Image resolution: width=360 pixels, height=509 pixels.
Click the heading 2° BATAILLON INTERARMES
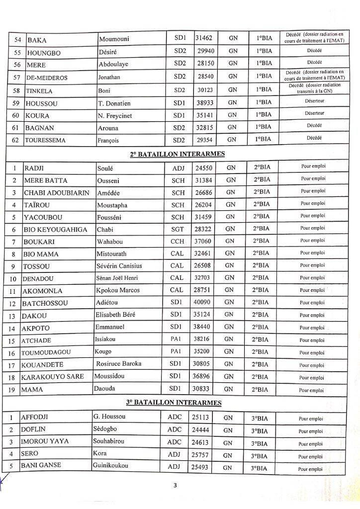click(x=177, y=154)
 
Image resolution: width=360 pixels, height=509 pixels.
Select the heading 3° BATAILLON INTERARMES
click(x=177, y=402)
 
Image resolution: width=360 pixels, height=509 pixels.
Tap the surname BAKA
click(x=37, y=40)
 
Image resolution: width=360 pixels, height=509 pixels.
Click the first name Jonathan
click(x=109, y=77)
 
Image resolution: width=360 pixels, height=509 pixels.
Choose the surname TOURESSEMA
click(x=45, y=140)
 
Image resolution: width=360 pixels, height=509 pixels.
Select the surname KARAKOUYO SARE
click(x=56, y=377)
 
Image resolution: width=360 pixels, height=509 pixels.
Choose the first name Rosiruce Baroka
click(x=119, y=364)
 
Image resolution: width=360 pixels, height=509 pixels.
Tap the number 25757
click(x=202, y=455)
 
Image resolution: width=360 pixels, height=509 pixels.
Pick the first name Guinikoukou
click(x=110, y=466)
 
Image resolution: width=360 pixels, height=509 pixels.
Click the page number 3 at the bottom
click(x=176, y=486)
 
